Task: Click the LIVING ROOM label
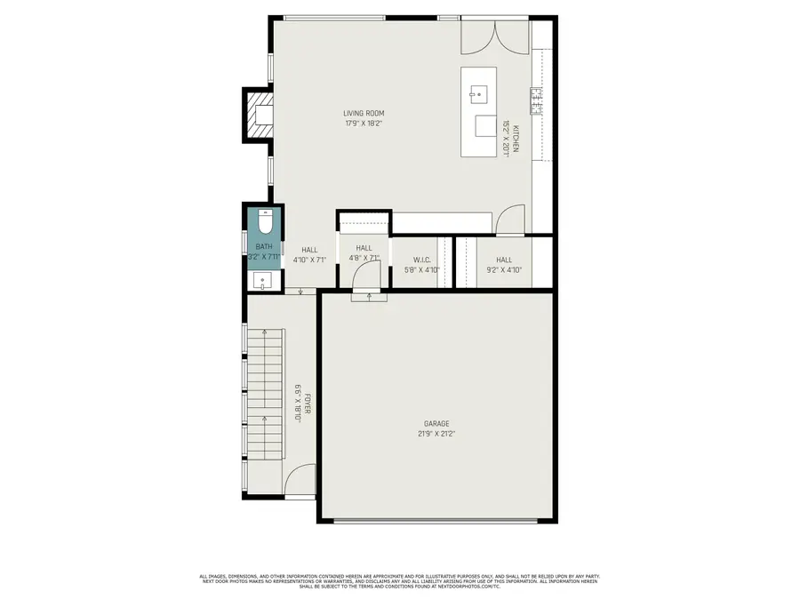(370, 113)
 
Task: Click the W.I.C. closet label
(422, 260)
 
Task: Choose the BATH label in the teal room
(264, 246)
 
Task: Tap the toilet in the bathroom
(264, 220)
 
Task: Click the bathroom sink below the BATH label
(264, 282)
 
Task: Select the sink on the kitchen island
(478, 92)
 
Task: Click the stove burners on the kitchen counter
(537, 100)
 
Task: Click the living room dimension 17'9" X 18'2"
(370, 124)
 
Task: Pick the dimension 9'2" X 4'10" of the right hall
(504, 270)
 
